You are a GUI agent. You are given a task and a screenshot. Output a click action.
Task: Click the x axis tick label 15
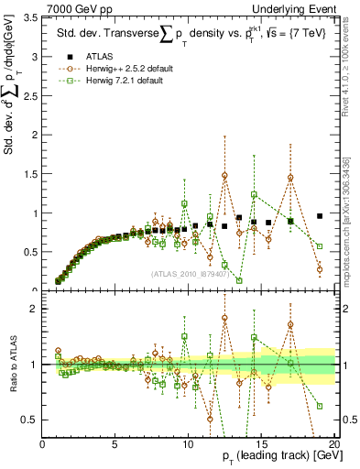(x=261, y=443)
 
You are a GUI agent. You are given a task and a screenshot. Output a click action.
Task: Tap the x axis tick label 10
(x=188, y=443)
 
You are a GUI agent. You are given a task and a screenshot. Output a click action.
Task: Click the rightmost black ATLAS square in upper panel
(x=320, y=216)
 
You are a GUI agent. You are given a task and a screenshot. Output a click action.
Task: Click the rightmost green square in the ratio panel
(x=320, y=406)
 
